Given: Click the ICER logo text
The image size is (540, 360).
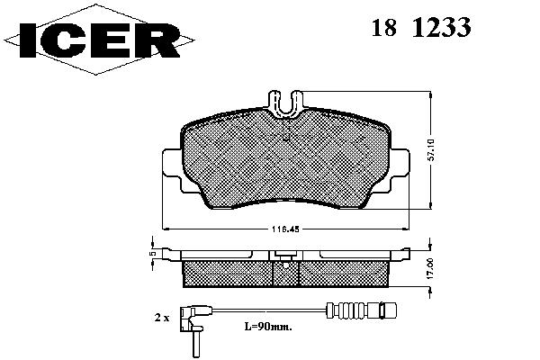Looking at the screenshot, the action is tap(100, 40).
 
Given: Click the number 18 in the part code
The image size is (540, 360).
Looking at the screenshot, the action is tap(384, 27).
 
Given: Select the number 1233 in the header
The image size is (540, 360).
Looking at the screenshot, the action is tap(441, 27).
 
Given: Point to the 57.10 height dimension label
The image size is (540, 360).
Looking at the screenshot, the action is tap(432, 150).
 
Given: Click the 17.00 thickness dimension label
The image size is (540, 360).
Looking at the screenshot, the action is tap(430, 268).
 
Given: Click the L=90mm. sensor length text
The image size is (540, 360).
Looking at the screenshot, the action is tap(268, 327).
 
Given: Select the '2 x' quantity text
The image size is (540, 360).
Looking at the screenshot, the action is tap(162, 318).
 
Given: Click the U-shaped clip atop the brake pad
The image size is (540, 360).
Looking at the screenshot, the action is tap(285, 103).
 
